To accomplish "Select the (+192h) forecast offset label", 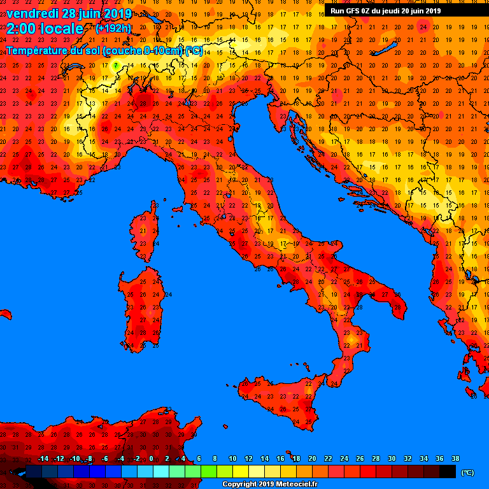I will (x=113, y=29).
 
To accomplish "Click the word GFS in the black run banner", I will (x=352, y=11).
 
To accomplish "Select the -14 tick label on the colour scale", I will (x=43, y=458).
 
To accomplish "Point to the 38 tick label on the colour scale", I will (x=455, y=458).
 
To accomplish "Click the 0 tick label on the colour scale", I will (x=152, y=458).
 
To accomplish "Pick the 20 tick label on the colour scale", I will (x=312, y=458).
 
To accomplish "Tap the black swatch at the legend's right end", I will (x=448, y=472).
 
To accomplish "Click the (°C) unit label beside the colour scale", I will (x=467, y=472).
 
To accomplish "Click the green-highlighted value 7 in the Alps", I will (x=116, y=65).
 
